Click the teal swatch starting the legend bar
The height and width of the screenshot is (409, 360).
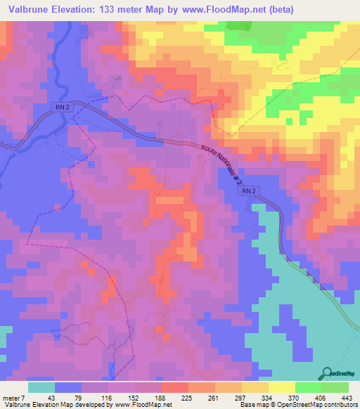click(x=41, y=387)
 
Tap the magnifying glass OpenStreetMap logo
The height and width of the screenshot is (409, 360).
click(x=328, y=372)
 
